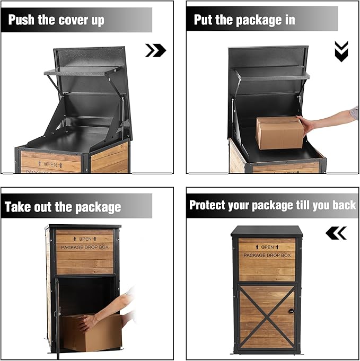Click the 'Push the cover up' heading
tap(56, 21)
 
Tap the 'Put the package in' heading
tap(244, 20)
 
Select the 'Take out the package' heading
tap(63, 207)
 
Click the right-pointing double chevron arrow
tap(155, 50)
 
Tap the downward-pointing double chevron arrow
tap(341, 51)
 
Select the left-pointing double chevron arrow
tap(336, 233)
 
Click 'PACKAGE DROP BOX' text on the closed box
tap(267, 256)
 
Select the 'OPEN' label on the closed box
tap(267, 247)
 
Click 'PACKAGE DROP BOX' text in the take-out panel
tap(85, 247)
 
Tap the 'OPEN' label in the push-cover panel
tap(51, 164)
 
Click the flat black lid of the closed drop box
tap(267, 231)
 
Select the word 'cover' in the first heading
tap(86, 21)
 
